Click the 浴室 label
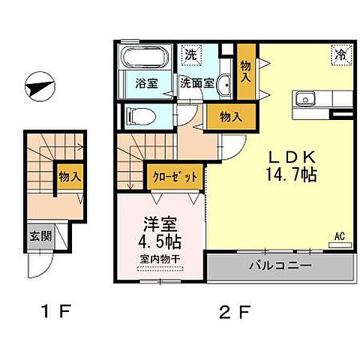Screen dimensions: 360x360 (x=136, y=83)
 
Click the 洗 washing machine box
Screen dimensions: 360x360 (x=191, y=54)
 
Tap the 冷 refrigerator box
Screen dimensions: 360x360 (x=340, y=54)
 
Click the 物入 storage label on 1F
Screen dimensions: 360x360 (x=70, y=177)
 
